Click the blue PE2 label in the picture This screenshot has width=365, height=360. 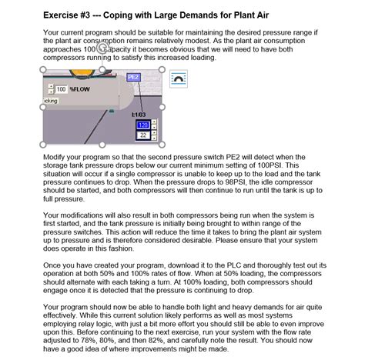tap(132, 77)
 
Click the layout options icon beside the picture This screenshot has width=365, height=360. tap(178, 78)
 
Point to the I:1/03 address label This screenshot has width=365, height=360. tap(139, 114)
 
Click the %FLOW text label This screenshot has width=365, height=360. tap(79, 89)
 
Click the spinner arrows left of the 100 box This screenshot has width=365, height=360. tap(47, 89)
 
